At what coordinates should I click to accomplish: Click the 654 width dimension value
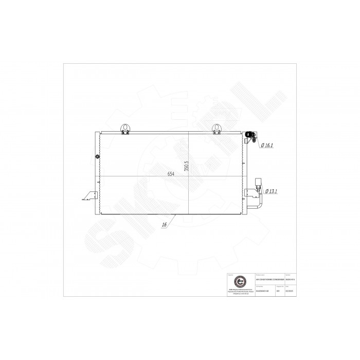(x=171, y=174)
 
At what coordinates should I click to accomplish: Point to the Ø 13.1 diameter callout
(x=271, y=191)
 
